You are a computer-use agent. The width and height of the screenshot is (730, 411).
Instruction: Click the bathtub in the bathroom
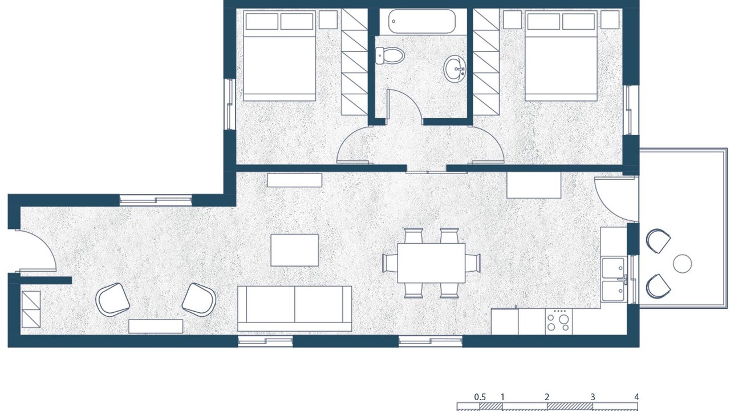[x=421, y=21]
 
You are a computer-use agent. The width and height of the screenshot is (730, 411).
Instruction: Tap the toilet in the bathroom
[x=390, y=55]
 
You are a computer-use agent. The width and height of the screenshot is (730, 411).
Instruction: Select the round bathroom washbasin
[x=455, y=69]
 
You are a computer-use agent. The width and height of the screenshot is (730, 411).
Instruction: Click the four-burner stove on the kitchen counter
[x=558, y=321]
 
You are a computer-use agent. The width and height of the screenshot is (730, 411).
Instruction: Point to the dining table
[x=431, y=263]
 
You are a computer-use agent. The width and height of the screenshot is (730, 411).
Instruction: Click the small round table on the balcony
[x=683, y=264]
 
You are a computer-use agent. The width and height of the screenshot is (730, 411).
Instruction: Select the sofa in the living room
[x=295, y=309]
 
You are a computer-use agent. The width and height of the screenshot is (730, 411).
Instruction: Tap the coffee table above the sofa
[x=295, y=250]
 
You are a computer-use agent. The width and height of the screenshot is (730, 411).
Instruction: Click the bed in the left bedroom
[x=279, y=56]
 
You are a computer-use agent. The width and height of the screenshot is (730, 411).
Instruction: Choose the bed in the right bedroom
[x=561, y=56]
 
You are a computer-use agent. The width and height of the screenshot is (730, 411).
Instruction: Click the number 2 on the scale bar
[x=546, y=397]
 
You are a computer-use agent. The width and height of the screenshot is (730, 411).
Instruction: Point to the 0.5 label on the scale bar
[x=480, y=397]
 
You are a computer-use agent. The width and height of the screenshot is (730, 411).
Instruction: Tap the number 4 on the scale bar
[x=636, y=397]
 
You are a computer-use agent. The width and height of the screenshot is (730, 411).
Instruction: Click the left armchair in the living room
[x=113, y=300]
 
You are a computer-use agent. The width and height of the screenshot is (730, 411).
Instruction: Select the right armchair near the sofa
[x=199, y=300]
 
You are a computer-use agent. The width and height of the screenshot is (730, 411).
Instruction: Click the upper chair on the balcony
[x=658, y=241]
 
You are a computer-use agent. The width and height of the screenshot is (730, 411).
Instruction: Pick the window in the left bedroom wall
[x=230, y=104]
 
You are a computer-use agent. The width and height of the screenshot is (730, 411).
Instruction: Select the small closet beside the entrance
[x=31, y=309]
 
